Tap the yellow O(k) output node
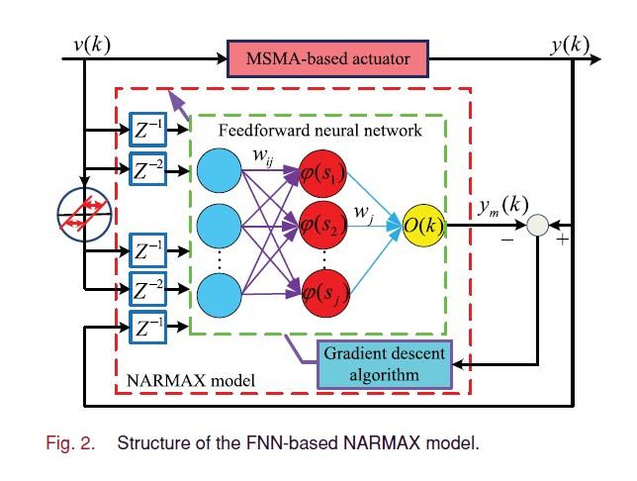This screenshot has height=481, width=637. pos(423,226)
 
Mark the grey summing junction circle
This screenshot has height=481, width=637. pos(538,228)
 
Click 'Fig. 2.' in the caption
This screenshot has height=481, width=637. pos(72,442)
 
